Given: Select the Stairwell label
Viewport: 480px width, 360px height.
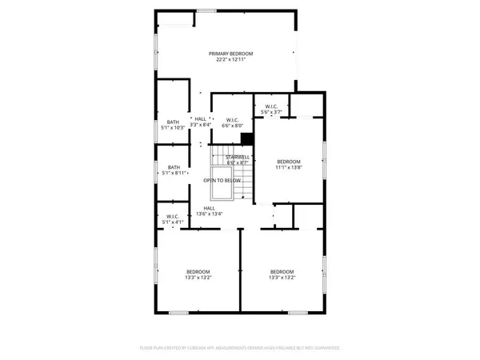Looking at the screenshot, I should point(237,157).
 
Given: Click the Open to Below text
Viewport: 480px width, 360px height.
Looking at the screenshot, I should point(222,181).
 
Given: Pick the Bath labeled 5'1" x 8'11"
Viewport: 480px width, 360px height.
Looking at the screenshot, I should point(174,167).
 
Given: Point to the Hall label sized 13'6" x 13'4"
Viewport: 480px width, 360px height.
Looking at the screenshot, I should point(209,208).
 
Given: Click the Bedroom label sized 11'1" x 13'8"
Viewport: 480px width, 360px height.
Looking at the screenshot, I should point(289,161).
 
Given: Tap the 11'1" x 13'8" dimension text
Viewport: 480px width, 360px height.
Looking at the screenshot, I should point(289,167).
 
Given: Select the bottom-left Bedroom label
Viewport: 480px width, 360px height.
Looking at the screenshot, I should point(198,271).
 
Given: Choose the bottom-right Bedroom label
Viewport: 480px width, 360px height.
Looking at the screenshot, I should point(282,271).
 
